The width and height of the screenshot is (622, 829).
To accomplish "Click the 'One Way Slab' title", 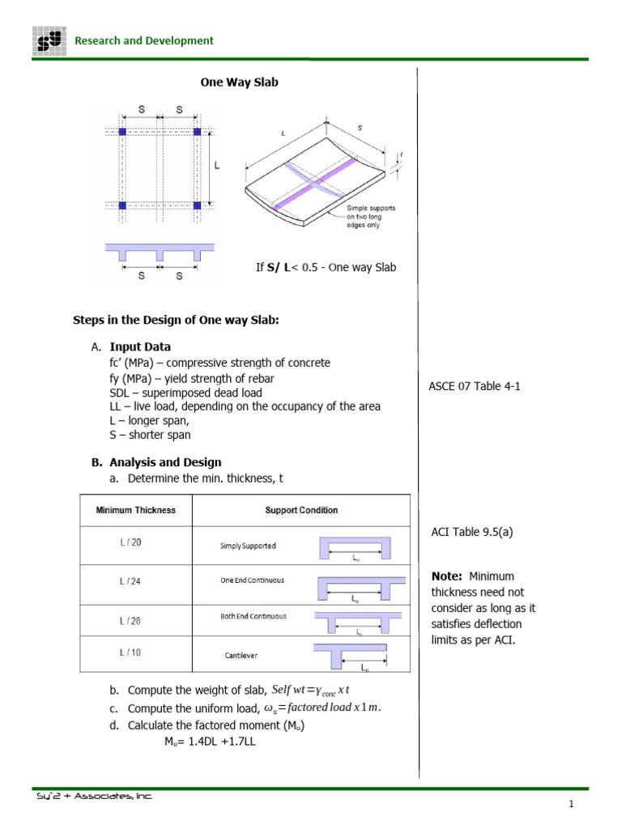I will [239, 83].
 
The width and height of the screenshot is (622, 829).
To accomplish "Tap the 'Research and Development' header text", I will [144, 40].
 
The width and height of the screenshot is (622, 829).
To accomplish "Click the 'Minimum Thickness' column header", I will [135, 510].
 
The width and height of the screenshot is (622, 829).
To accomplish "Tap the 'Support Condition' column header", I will [301, 510].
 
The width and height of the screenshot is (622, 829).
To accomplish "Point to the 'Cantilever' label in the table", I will [241, 656].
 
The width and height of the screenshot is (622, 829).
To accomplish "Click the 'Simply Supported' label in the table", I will [248, 546].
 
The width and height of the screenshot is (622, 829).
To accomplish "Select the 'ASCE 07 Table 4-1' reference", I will [474, 386].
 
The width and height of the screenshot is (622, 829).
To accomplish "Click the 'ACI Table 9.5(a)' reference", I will [472, 532].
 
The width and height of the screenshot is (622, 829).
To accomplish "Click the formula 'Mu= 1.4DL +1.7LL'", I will [210, 740].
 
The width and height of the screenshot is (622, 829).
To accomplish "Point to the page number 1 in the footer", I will [570, 804].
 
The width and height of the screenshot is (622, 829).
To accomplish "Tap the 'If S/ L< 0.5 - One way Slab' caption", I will [326, 267].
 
